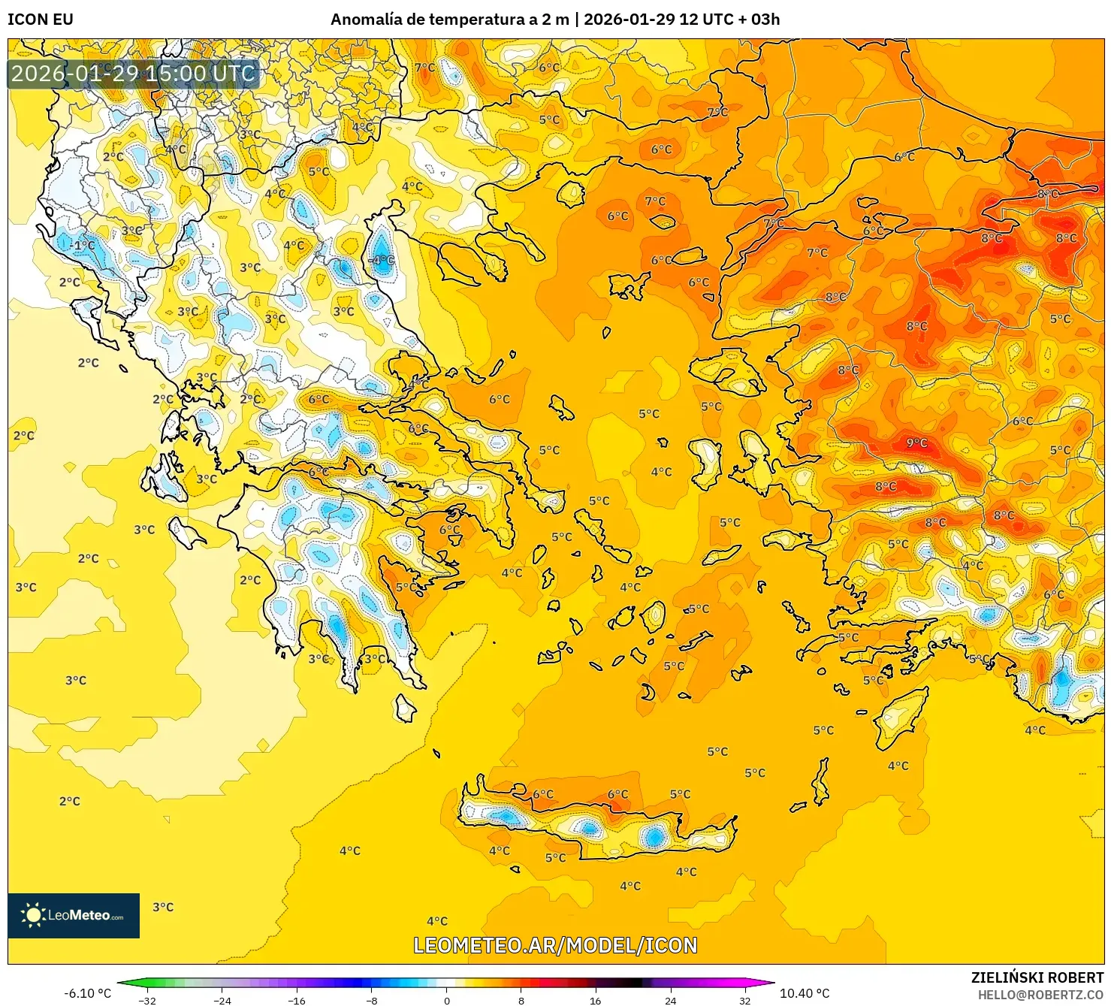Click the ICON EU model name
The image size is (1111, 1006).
coord(41,20)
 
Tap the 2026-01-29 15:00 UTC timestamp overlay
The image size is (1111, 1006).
coord(134,74)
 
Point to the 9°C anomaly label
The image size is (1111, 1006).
coord(916,443)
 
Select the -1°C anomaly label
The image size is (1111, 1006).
coord(83,246)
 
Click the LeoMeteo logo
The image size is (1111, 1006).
coord(74,915)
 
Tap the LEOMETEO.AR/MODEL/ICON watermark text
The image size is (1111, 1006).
coord(555,945)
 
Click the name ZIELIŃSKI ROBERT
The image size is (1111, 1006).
coord(1037,977)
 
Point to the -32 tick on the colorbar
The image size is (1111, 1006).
coord(147,1000)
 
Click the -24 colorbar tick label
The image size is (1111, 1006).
coord(222,1000)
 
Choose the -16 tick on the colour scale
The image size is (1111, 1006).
coord(297,1000)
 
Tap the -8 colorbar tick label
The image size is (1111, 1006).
coord(371,1000)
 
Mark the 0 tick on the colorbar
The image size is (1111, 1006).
coord(446,1000)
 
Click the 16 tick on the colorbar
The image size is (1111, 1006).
coord(596,1000)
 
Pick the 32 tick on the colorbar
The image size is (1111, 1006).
coord(745,1000)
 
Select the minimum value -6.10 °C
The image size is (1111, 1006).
coord(87,993)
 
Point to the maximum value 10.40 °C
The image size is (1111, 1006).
coord(805,993)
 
